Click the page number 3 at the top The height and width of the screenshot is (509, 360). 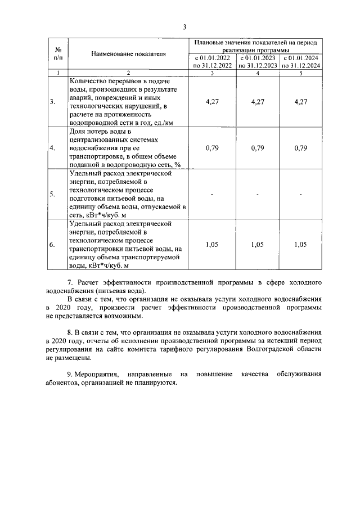click(x=183, y=27)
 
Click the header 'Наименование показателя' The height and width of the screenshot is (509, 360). click(x=128, y=54)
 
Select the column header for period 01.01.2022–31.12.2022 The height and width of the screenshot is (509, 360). click(x=213, y=61)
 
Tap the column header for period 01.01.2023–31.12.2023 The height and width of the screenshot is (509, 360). click(x=257, y=61)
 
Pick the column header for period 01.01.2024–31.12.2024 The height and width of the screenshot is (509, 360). click(x=301, y=61)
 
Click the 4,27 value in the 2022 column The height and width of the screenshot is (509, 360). click(x=213, y=102)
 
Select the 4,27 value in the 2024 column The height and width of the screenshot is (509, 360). click(x=301, y=102)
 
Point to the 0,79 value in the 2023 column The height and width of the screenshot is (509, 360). click(x=257, y=148)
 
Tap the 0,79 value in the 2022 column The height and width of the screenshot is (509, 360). click(x=213, y=148)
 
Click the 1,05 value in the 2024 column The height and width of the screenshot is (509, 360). click(x=301, y=245)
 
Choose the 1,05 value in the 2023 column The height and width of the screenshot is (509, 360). click(x=257, y=245)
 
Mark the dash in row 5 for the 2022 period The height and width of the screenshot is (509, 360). click(x=213, y=195)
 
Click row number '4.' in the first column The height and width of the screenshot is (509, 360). click(x=52, y=148)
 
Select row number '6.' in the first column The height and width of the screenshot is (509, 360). click(x=52, y=245)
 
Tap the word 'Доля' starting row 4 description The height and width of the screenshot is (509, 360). click(x=78, y=132)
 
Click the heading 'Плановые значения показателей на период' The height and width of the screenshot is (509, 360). click(x=256, y=42)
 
